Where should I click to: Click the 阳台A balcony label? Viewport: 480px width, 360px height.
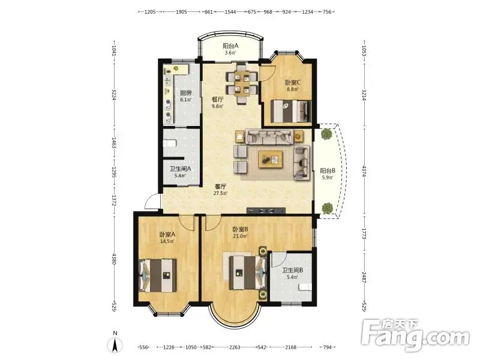pos(230,46)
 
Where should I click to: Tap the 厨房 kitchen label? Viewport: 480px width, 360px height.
pos(186,93)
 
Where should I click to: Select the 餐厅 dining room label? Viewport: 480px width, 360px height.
pos(218,100)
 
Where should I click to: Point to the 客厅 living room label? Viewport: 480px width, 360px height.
pos(220,186)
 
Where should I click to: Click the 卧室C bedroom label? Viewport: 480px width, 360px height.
pos(293,83)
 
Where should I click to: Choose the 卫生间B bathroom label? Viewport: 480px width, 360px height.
pos(293,271)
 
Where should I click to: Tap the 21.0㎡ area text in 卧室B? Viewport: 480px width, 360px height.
pos(240,236)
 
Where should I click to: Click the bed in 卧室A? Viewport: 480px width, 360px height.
pos(158,275)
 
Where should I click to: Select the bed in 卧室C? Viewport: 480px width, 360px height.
pos(291,111)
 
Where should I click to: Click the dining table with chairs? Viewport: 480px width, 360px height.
pos(242,83)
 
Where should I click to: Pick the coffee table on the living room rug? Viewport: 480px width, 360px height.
pos(271,159)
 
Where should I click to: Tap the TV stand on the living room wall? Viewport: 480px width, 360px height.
pos(266,211)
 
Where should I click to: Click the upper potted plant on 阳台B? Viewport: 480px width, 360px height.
pos(327,134)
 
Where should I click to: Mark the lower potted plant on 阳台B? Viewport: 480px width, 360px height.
pos(327,208)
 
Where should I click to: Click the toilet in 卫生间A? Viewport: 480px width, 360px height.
pos(170,143)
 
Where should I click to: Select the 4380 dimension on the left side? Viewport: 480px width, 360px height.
pos(114,259)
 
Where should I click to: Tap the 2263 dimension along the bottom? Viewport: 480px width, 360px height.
pos(235,347)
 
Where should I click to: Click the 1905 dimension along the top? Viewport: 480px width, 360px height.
pos(181,12)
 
